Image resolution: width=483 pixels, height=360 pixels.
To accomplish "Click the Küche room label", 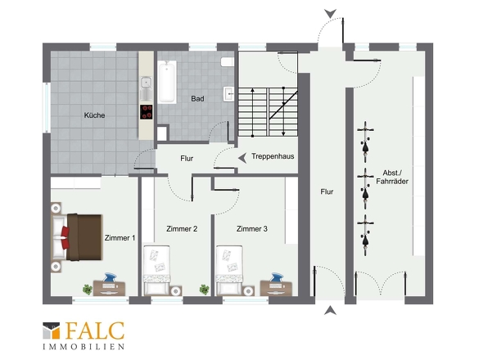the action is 95,115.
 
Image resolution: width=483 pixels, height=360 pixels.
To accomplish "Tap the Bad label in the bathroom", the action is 197,98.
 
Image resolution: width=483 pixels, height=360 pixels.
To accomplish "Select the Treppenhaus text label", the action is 273,156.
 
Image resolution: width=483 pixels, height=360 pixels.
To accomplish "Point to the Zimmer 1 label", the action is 120,238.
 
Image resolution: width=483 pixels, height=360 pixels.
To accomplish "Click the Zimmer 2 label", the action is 182,229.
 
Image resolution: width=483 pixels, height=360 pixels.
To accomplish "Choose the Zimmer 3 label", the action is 252,229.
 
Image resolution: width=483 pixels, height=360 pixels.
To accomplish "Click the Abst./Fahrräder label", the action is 392,177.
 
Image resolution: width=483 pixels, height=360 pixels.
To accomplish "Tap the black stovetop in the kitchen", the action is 146,112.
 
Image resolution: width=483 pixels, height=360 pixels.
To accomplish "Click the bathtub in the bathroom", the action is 167,82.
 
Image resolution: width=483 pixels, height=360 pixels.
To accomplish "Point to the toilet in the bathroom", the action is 228,62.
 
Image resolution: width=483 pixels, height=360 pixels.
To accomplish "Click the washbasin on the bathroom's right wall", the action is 229,93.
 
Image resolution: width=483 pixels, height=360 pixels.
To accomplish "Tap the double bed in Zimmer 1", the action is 76,236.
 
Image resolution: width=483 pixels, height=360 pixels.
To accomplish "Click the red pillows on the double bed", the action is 65,237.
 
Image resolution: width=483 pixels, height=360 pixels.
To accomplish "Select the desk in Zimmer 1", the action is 110,288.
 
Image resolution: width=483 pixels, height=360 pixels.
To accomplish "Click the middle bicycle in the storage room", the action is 365,188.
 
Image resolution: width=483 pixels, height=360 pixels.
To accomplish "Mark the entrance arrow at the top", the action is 330,14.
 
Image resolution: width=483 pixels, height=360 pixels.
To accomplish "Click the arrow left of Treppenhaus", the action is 243,158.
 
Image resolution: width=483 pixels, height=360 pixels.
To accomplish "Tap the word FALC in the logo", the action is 95,331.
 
